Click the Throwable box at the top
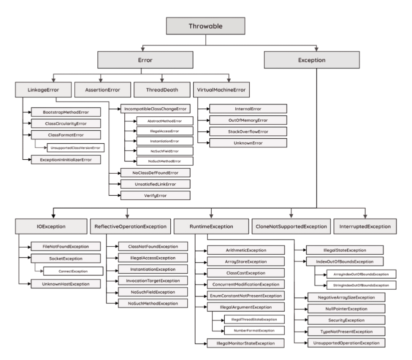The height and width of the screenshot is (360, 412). (x=206, y=26)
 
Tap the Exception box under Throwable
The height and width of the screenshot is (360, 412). (x=315, y=60)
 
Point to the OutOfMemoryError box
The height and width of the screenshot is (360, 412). (x=248, y=120)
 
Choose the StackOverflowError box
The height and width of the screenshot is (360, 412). (x=248, y=131)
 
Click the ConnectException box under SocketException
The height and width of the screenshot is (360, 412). (x=73, y=271)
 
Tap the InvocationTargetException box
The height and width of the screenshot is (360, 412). (x=153, y=281)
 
